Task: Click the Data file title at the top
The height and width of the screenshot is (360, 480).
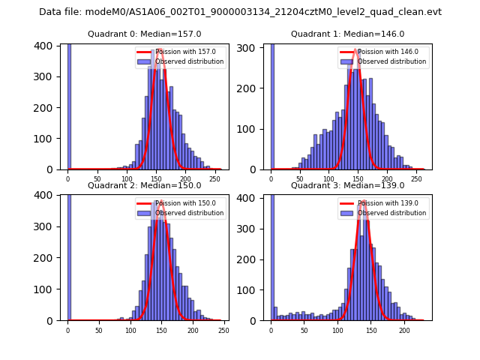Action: tap(240, 12)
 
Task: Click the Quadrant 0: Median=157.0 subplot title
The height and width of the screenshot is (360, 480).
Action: tap(144, 34)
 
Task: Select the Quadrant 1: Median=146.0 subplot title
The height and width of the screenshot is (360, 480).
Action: tap(347, 34)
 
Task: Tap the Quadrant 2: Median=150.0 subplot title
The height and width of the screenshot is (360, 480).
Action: tap(144, 185)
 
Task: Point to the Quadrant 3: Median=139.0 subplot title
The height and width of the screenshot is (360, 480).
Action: tap(347, 185)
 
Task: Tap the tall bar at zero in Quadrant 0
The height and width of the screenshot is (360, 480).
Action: tap(69, 105)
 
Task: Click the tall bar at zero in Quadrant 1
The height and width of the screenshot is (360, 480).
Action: tap(272, 105)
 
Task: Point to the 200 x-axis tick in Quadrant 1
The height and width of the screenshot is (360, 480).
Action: tap(387, 179)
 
